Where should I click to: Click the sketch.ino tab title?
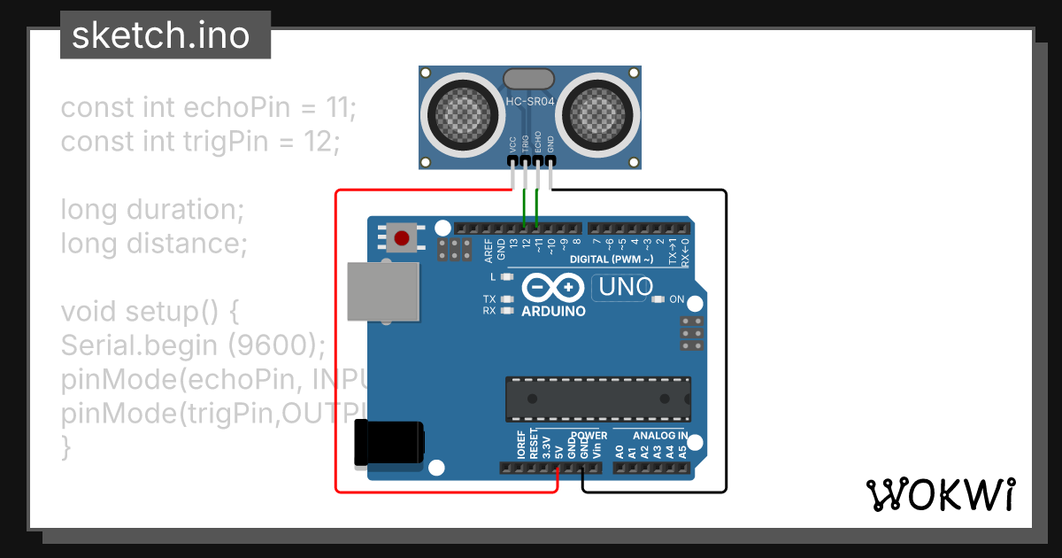pyautogui.click(x=160, y=35)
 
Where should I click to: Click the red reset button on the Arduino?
pyautogui.click(x=403, y=238)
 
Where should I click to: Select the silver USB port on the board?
pyautogui.click(x=382, y=291)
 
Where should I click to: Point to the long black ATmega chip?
pyautogui.click(x=598, y=399)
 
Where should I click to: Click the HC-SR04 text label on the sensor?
pyautogui.click(x=529, y=102)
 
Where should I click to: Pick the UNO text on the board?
pyautogui.click(x=626, y=287)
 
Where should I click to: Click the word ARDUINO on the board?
pyautogui.click(x=553, y=311)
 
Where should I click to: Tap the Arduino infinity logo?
pyautogui.click(x=553, y=287)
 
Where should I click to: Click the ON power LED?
pyautogui.click(x=658, y=299)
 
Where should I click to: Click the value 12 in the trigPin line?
pyautogui.click(x=318, y=142)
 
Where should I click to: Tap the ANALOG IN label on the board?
pyautogui.click(x=660, y=436)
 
